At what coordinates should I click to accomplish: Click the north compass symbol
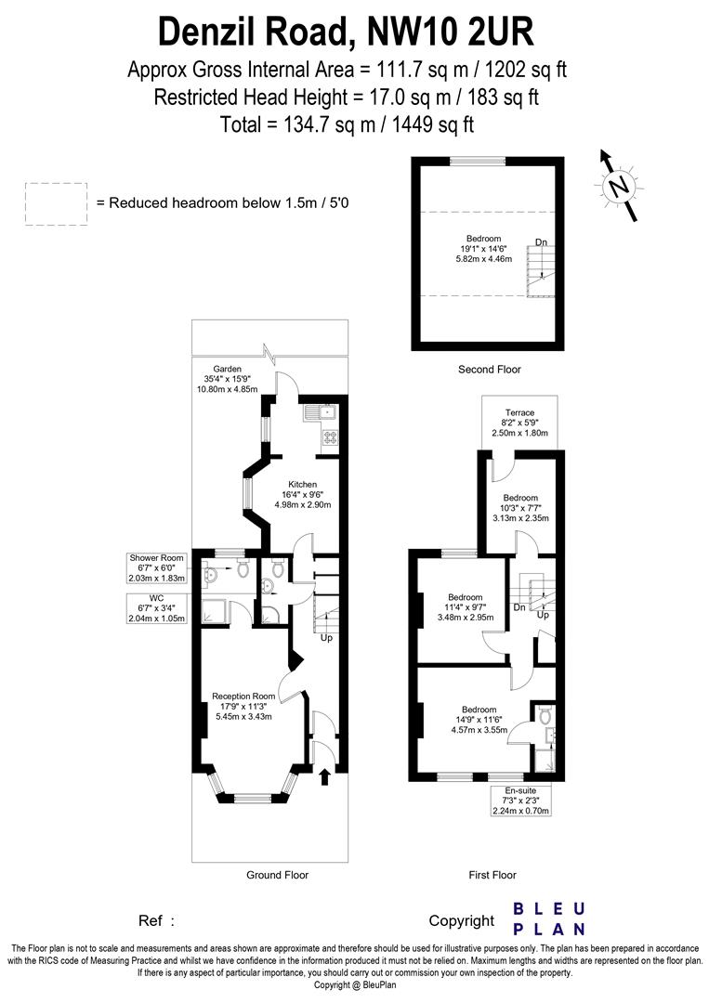(x=618, y=187)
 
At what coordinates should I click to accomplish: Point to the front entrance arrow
(x=323, y=775)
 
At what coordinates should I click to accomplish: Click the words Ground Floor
(x=277, y=875)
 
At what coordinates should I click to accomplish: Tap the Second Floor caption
(x=489, y=370)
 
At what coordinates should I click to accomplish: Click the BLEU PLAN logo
(x=549, y=918)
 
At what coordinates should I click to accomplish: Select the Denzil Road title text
(x=346, y=32)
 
